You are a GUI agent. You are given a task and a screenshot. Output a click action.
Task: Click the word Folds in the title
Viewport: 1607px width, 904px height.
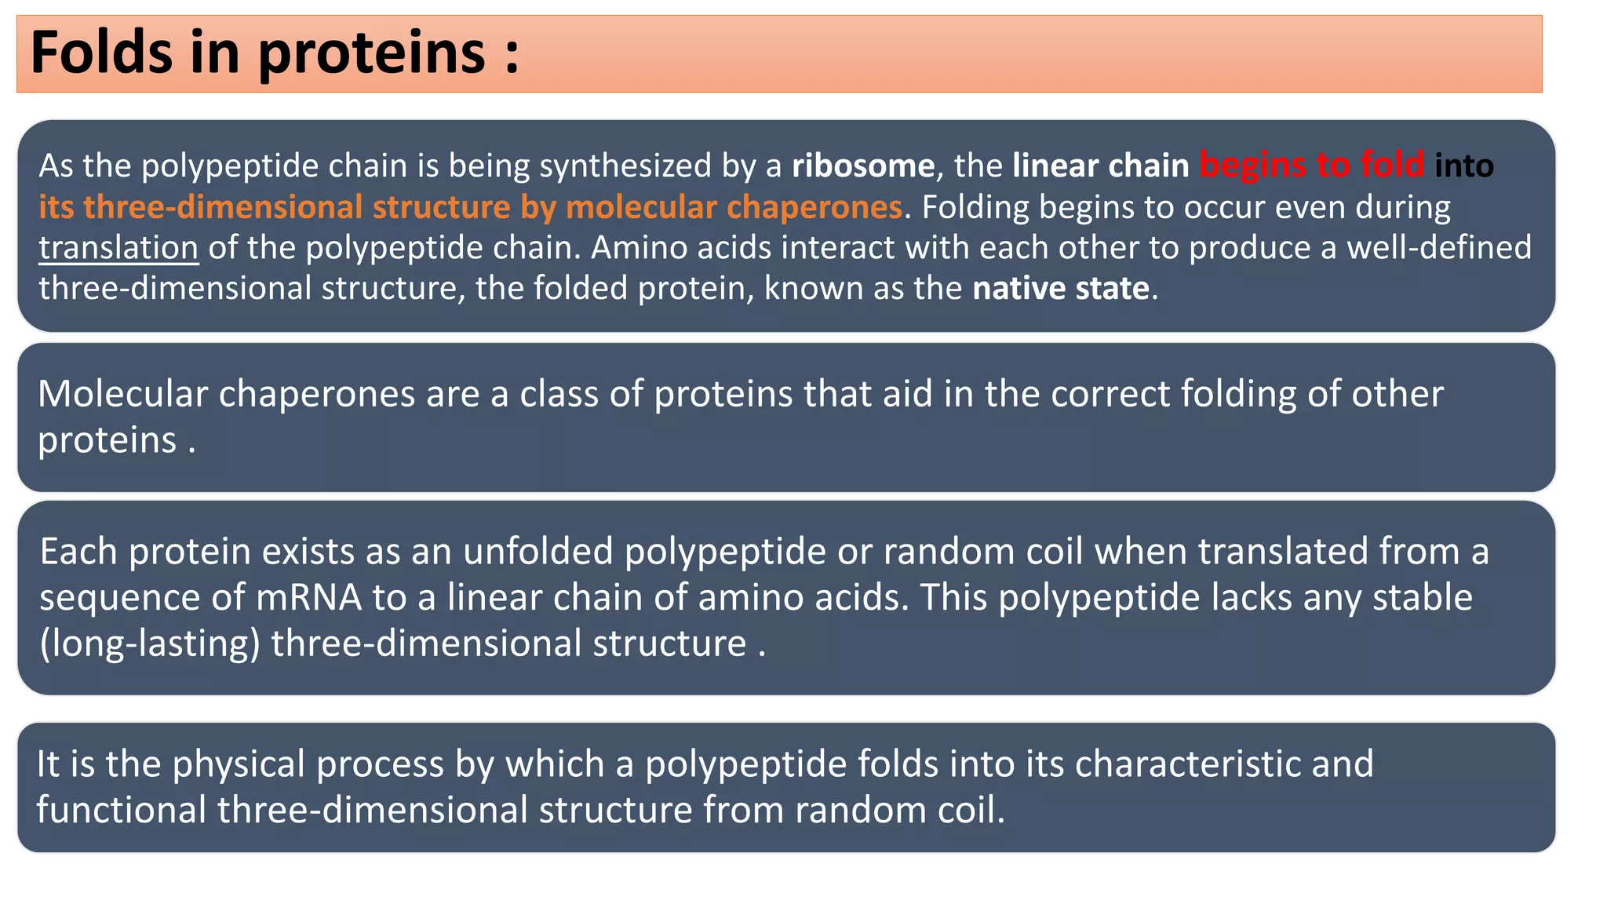click(101, 52)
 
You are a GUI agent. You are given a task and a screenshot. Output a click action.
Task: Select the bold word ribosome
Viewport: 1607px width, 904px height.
click(862, 166)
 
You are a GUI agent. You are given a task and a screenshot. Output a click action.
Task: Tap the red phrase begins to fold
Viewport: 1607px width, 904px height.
click(1311, 166)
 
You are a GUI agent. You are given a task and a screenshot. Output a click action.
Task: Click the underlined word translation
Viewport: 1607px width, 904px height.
click(118, 248)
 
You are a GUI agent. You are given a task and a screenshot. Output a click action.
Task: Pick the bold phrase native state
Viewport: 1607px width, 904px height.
click(1061, 289)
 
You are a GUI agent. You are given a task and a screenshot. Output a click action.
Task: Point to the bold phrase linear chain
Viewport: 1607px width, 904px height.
click(1100, 166)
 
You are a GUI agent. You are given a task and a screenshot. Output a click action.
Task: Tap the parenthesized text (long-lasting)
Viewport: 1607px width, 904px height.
click(150, 643)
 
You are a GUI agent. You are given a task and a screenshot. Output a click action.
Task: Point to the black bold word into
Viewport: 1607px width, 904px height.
click(1463, 166)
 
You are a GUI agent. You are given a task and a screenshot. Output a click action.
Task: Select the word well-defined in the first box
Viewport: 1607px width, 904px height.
click(1438, 248)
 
